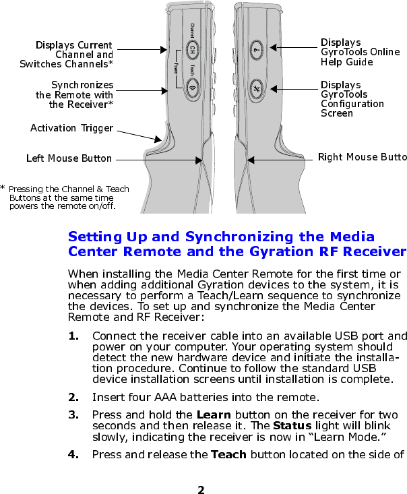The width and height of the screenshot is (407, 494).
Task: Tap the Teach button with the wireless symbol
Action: tap(192, 87)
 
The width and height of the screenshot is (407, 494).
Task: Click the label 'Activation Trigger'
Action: tap(71, 127)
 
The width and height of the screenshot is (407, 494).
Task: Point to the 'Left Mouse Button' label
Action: tap(69, 158)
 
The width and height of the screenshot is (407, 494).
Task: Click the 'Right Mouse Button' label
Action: tap(362, 158)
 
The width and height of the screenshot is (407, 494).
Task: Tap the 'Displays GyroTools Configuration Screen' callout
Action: tap(352, 99)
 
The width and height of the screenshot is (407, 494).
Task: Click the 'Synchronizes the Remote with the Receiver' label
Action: tap(82, 95)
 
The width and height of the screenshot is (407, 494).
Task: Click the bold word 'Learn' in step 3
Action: tap(212, 414)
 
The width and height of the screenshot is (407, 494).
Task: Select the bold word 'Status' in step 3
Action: tap(292, 427)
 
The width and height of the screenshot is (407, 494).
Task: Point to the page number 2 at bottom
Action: tap(201, 487)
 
